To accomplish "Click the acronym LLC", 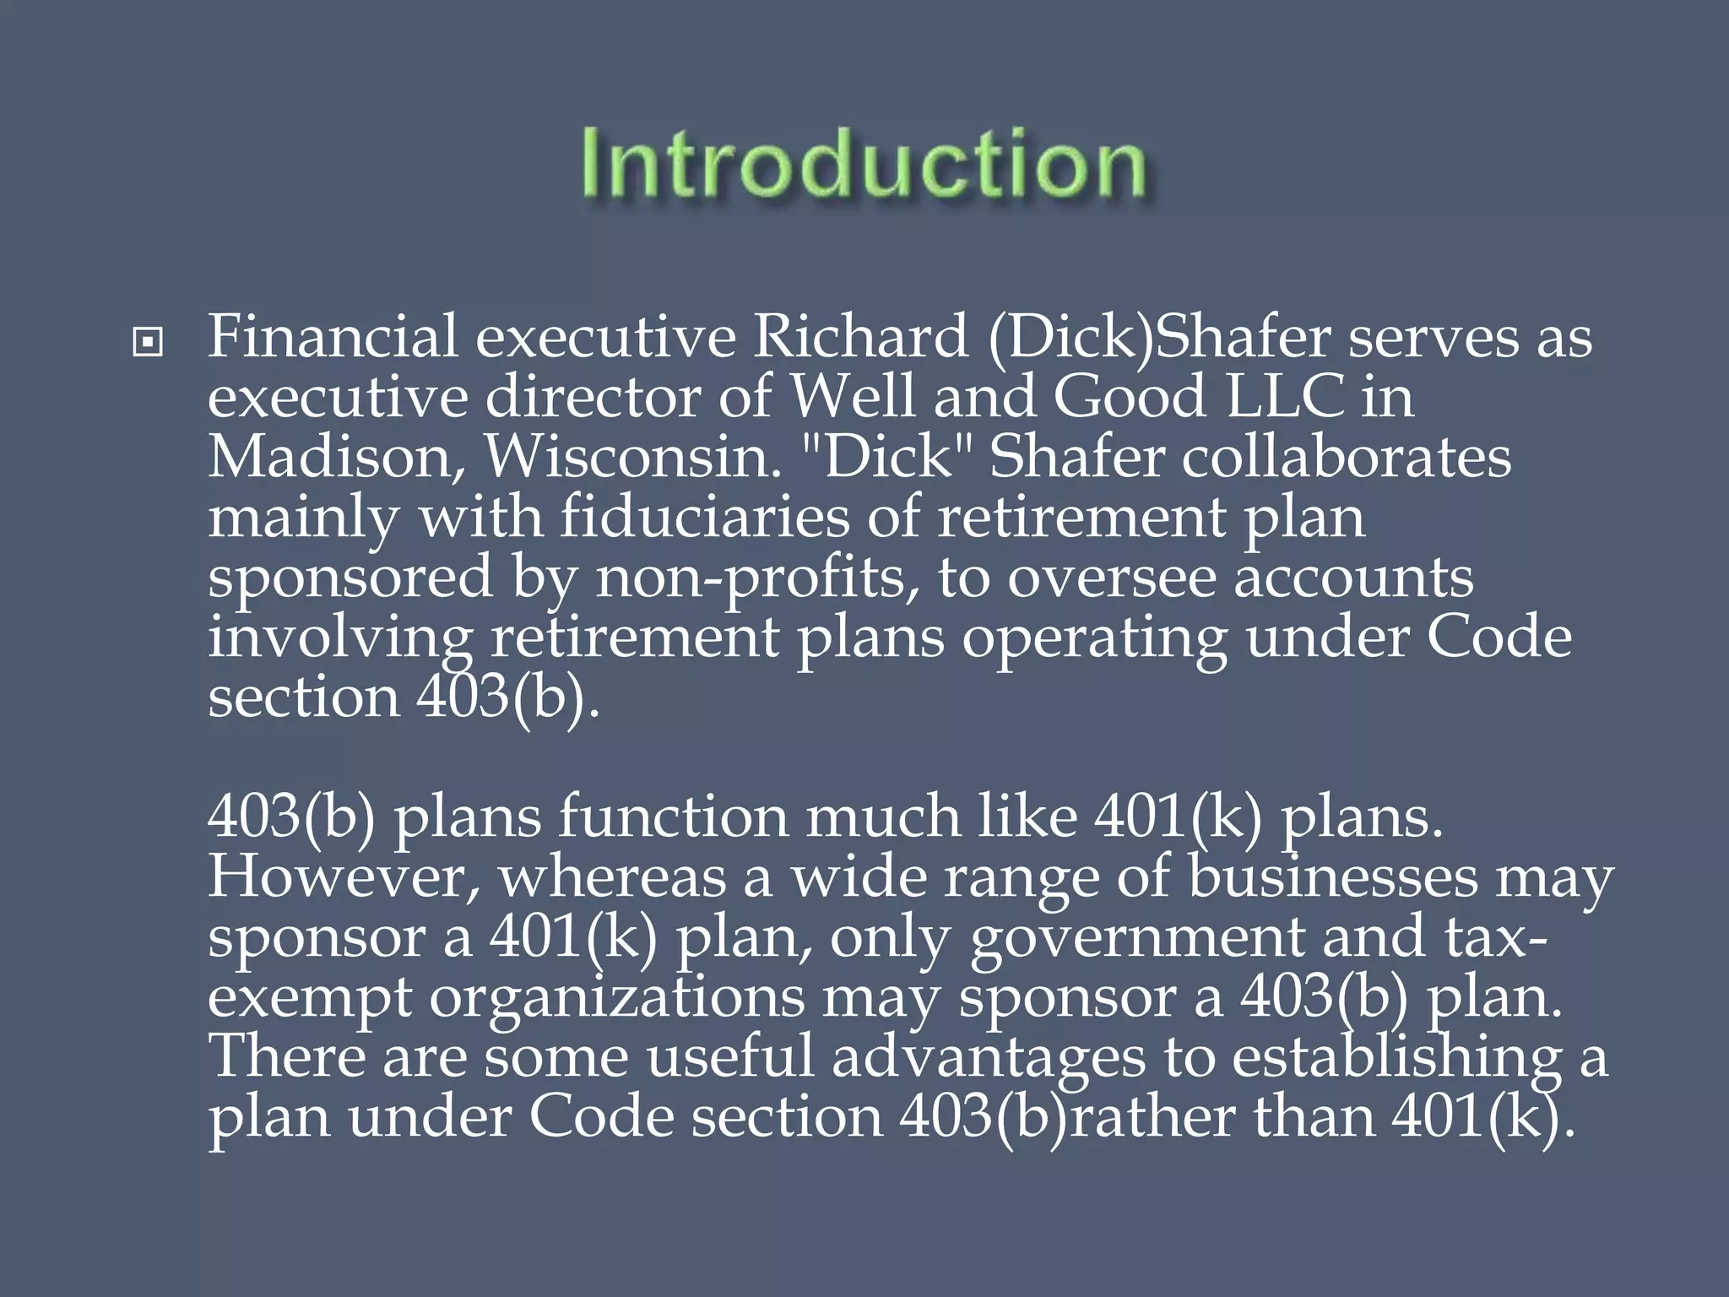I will click(1284, 397).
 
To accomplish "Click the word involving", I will click(339, 639).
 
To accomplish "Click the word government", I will click(1136, 939).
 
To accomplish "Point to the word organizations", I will click(617, 1000).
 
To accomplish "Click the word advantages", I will click(988, 1060).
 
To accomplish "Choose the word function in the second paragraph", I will click(673, 817).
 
